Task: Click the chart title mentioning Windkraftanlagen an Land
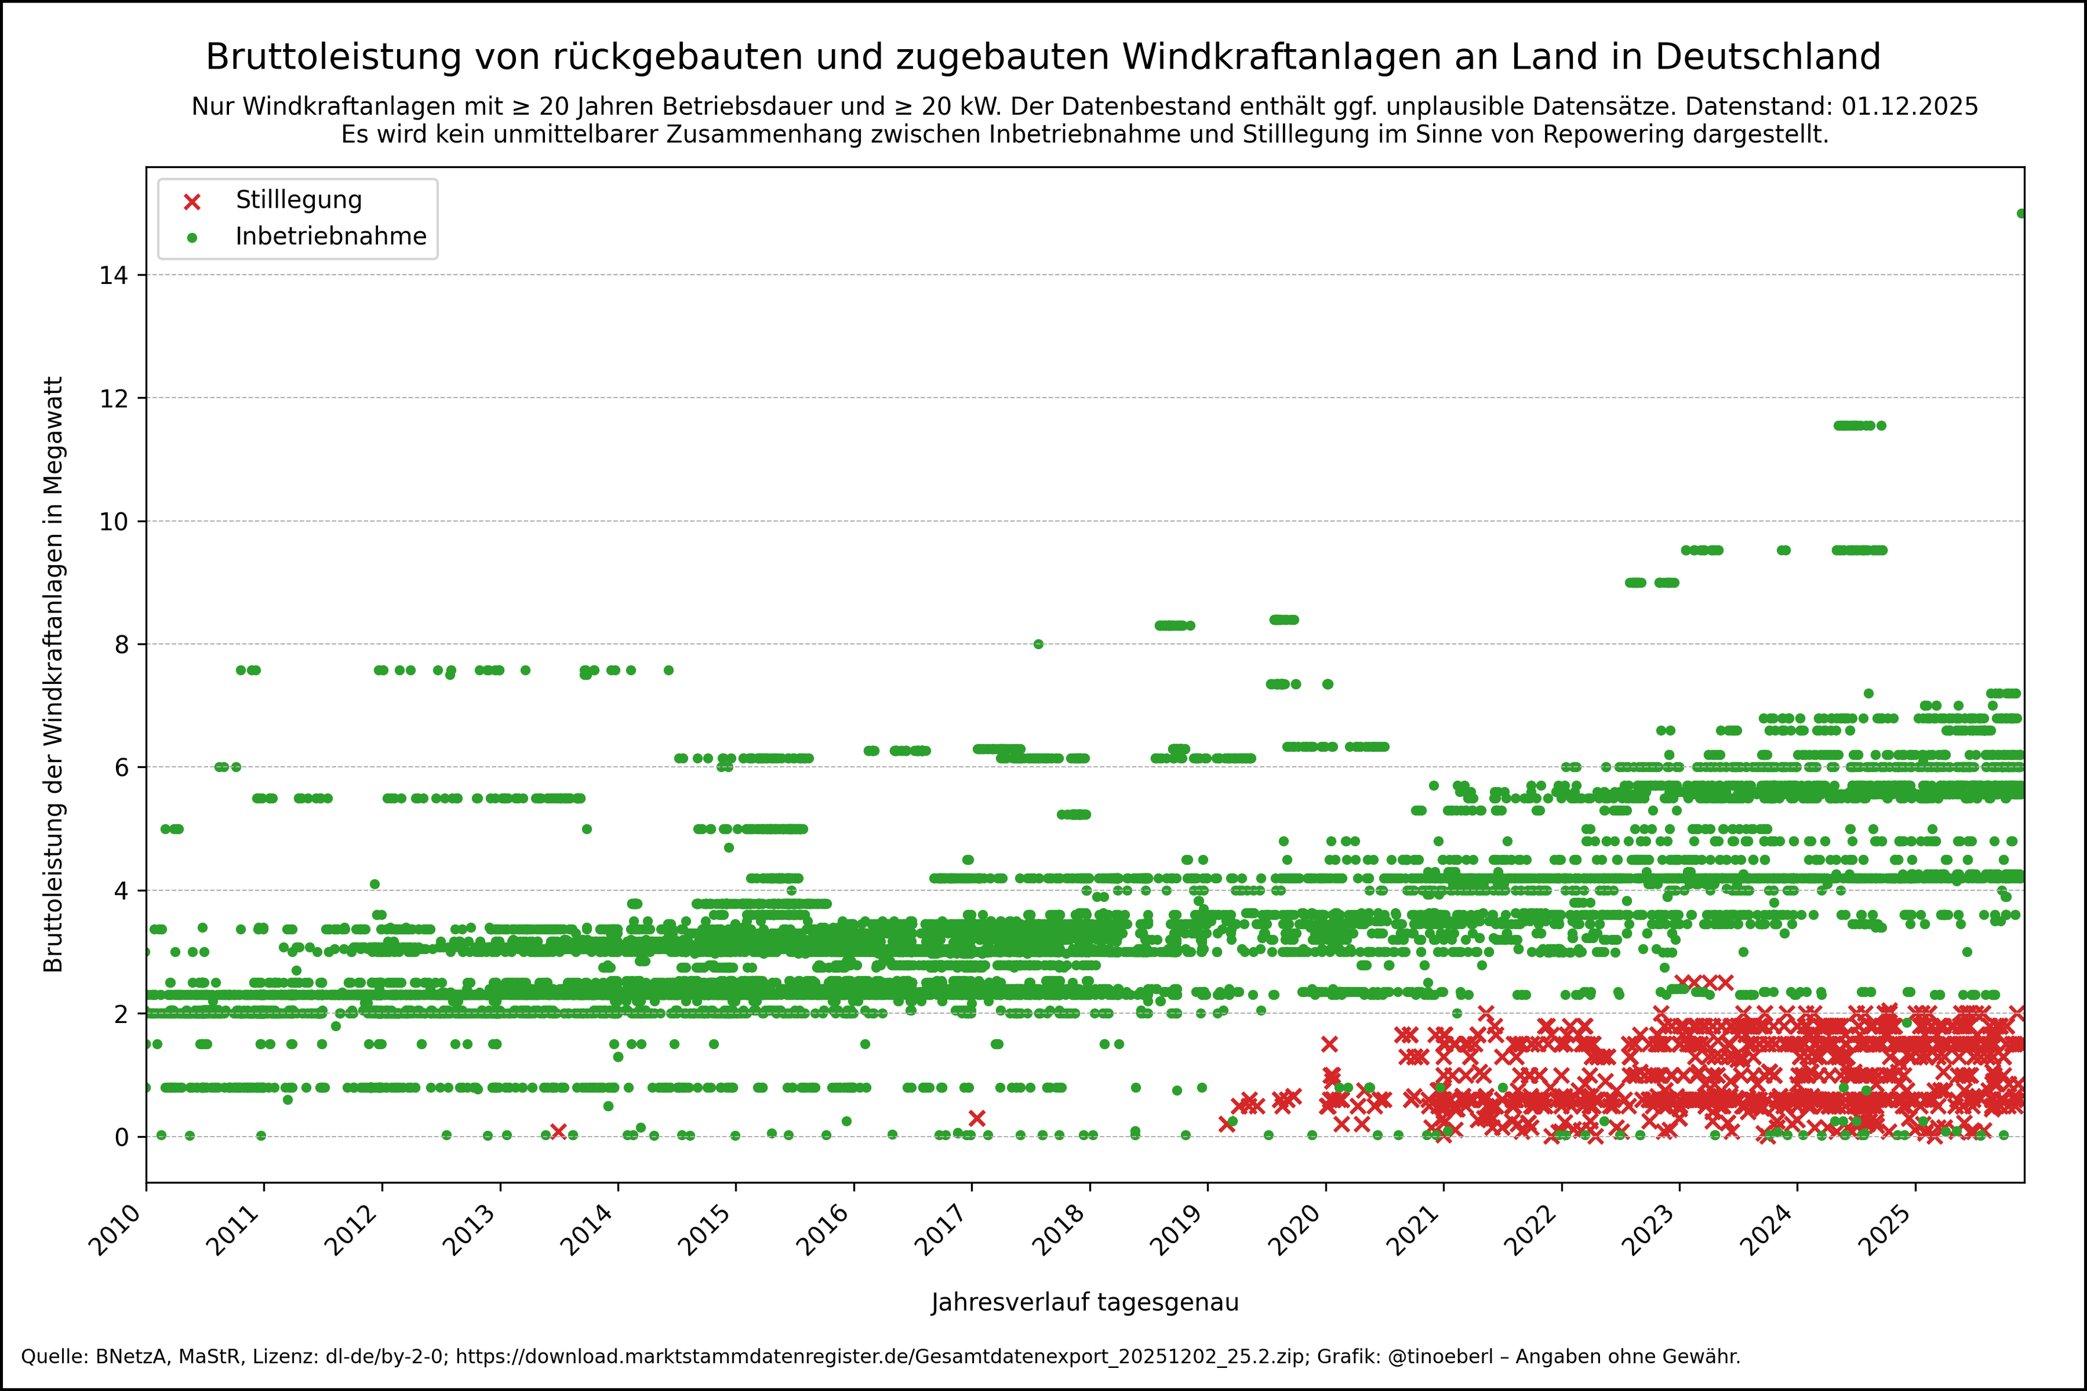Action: [x=1043, y=57]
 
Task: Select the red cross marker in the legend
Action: [x=192, y=201]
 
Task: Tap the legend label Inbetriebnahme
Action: [x=331, y=237]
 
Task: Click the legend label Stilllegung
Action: [x=299, y=199]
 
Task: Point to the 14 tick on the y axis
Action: [x=114, y=275]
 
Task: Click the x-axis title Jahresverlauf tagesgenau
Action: [x=1085, y=1302]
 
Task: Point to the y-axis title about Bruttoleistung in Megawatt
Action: [x=53, y=674]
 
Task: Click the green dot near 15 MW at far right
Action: [x=2021, y=214]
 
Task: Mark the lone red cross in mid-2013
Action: [x=558, y=1131]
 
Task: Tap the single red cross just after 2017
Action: [x=976, y=1118]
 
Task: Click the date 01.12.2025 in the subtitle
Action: [x=1909, y=106]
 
